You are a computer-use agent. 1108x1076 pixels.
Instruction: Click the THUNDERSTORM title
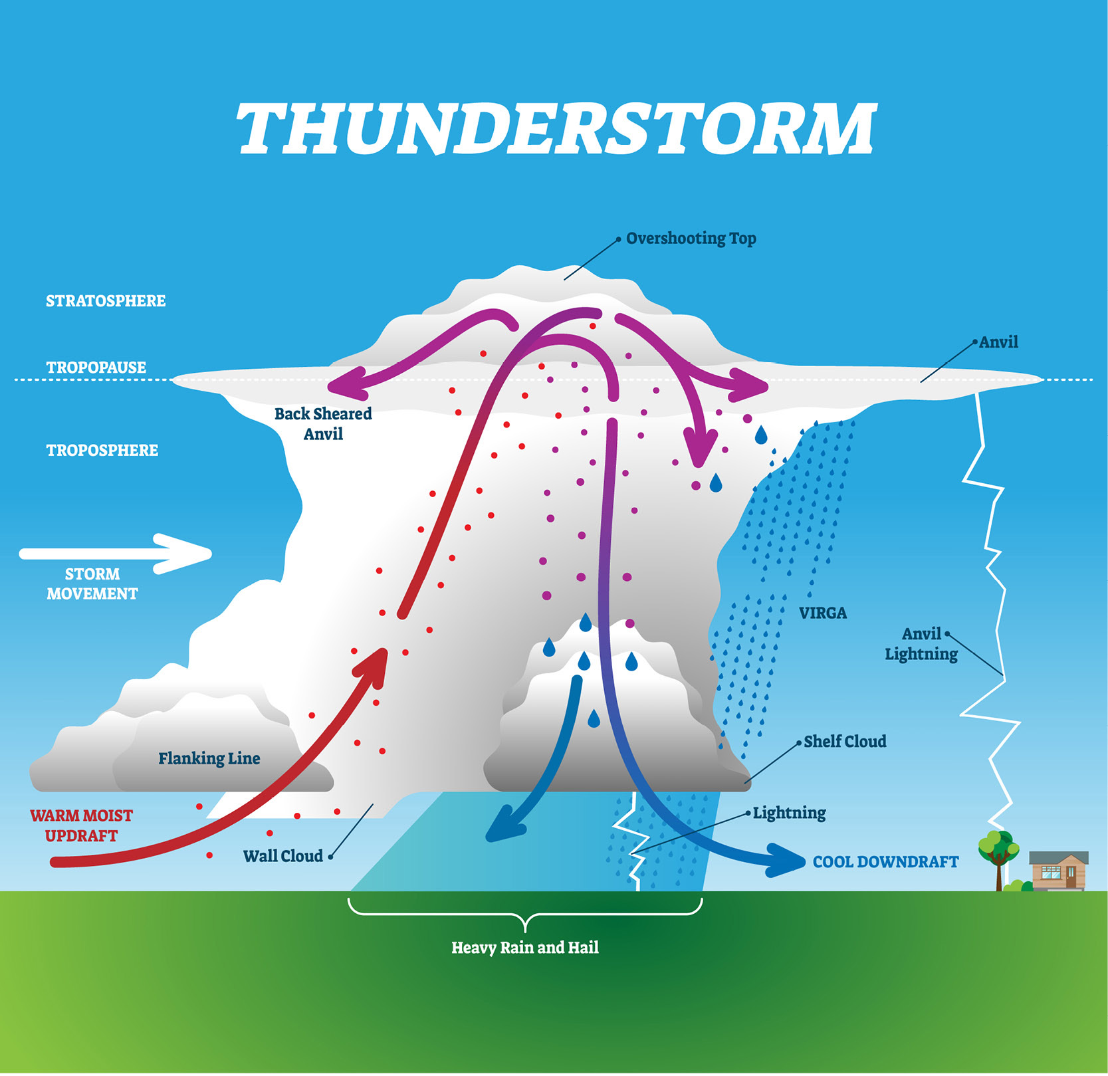click(557, 129)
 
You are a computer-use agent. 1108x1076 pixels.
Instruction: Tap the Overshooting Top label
click(691, 239)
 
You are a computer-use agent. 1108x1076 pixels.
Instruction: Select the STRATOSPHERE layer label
click(106, 301)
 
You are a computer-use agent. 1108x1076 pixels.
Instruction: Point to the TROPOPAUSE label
click(96, 368)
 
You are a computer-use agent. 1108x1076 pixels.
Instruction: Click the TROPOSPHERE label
click(102, 451)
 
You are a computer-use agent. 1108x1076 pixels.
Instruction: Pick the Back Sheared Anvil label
click(323, 423)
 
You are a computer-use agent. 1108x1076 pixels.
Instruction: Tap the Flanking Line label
click(209, 758)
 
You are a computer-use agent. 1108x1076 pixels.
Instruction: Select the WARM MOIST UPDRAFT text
click(81, 825)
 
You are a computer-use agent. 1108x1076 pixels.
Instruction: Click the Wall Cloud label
click(283, 856)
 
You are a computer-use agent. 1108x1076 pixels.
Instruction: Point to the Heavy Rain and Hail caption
click(525, 948)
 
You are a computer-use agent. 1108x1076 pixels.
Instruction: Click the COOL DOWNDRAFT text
click(885, 862)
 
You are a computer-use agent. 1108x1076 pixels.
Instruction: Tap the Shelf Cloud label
click(845, 742)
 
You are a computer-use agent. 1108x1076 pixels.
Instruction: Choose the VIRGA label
click(823, 613)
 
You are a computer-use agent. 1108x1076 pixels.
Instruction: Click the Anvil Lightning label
click(921, 644)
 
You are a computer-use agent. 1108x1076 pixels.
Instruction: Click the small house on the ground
click(1059, 871)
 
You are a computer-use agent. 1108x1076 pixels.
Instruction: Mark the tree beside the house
click(998, 859)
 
